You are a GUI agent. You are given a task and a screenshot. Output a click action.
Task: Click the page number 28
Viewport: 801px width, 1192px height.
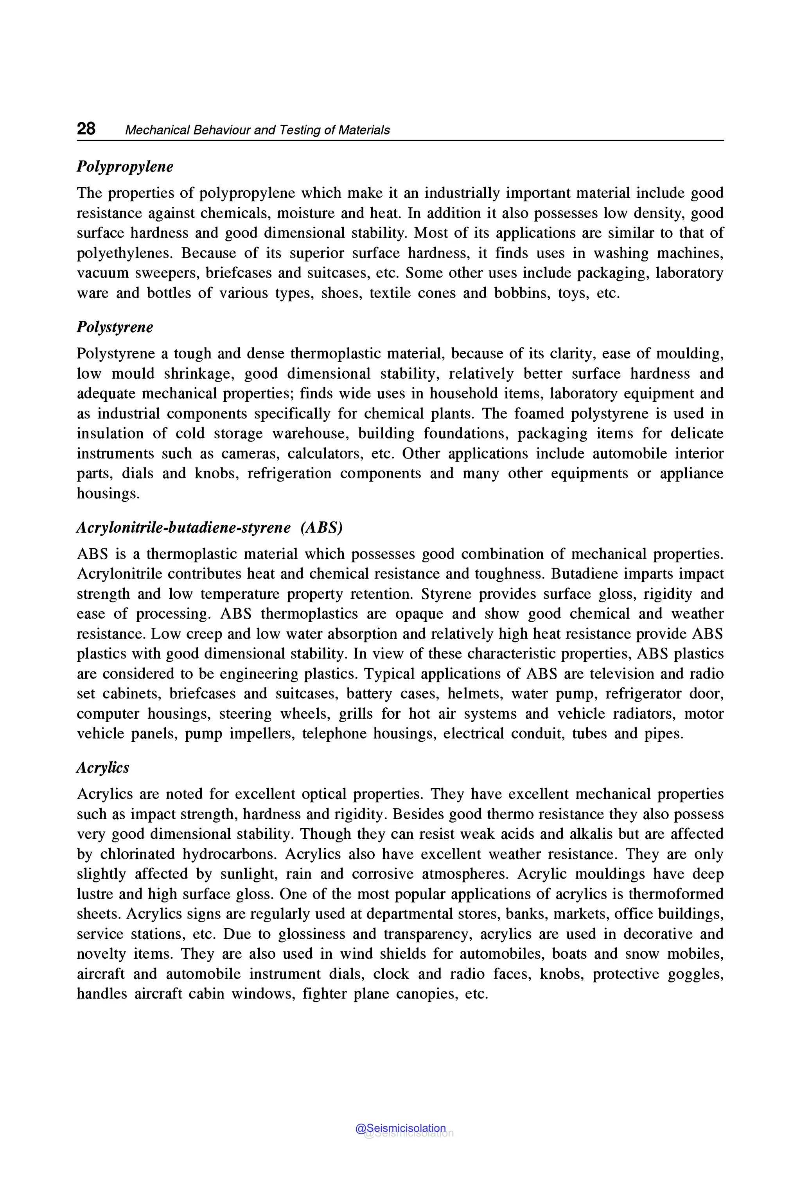pyautogui.click(x=86, y=129)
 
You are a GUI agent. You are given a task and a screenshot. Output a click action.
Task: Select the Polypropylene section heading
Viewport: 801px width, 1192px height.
pyautogui.click(x=125, y=167)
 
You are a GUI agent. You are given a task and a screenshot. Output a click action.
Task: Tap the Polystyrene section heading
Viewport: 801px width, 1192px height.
pyautogui.click(x=115, y=327)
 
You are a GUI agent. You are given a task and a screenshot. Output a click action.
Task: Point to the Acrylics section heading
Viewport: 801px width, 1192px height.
pyautogui.click(x=103, y=768)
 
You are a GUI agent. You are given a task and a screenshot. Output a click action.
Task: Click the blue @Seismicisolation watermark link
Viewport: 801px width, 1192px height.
pyautogui.click(x=400, y=1128)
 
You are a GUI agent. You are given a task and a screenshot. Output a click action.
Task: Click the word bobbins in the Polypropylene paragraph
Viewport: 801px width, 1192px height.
pyautogui.click(x=521, y=294)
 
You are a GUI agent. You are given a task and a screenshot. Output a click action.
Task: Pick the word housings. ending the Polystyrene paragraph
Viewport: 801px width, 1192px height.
pyautogui.click(x=108, y=494)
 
